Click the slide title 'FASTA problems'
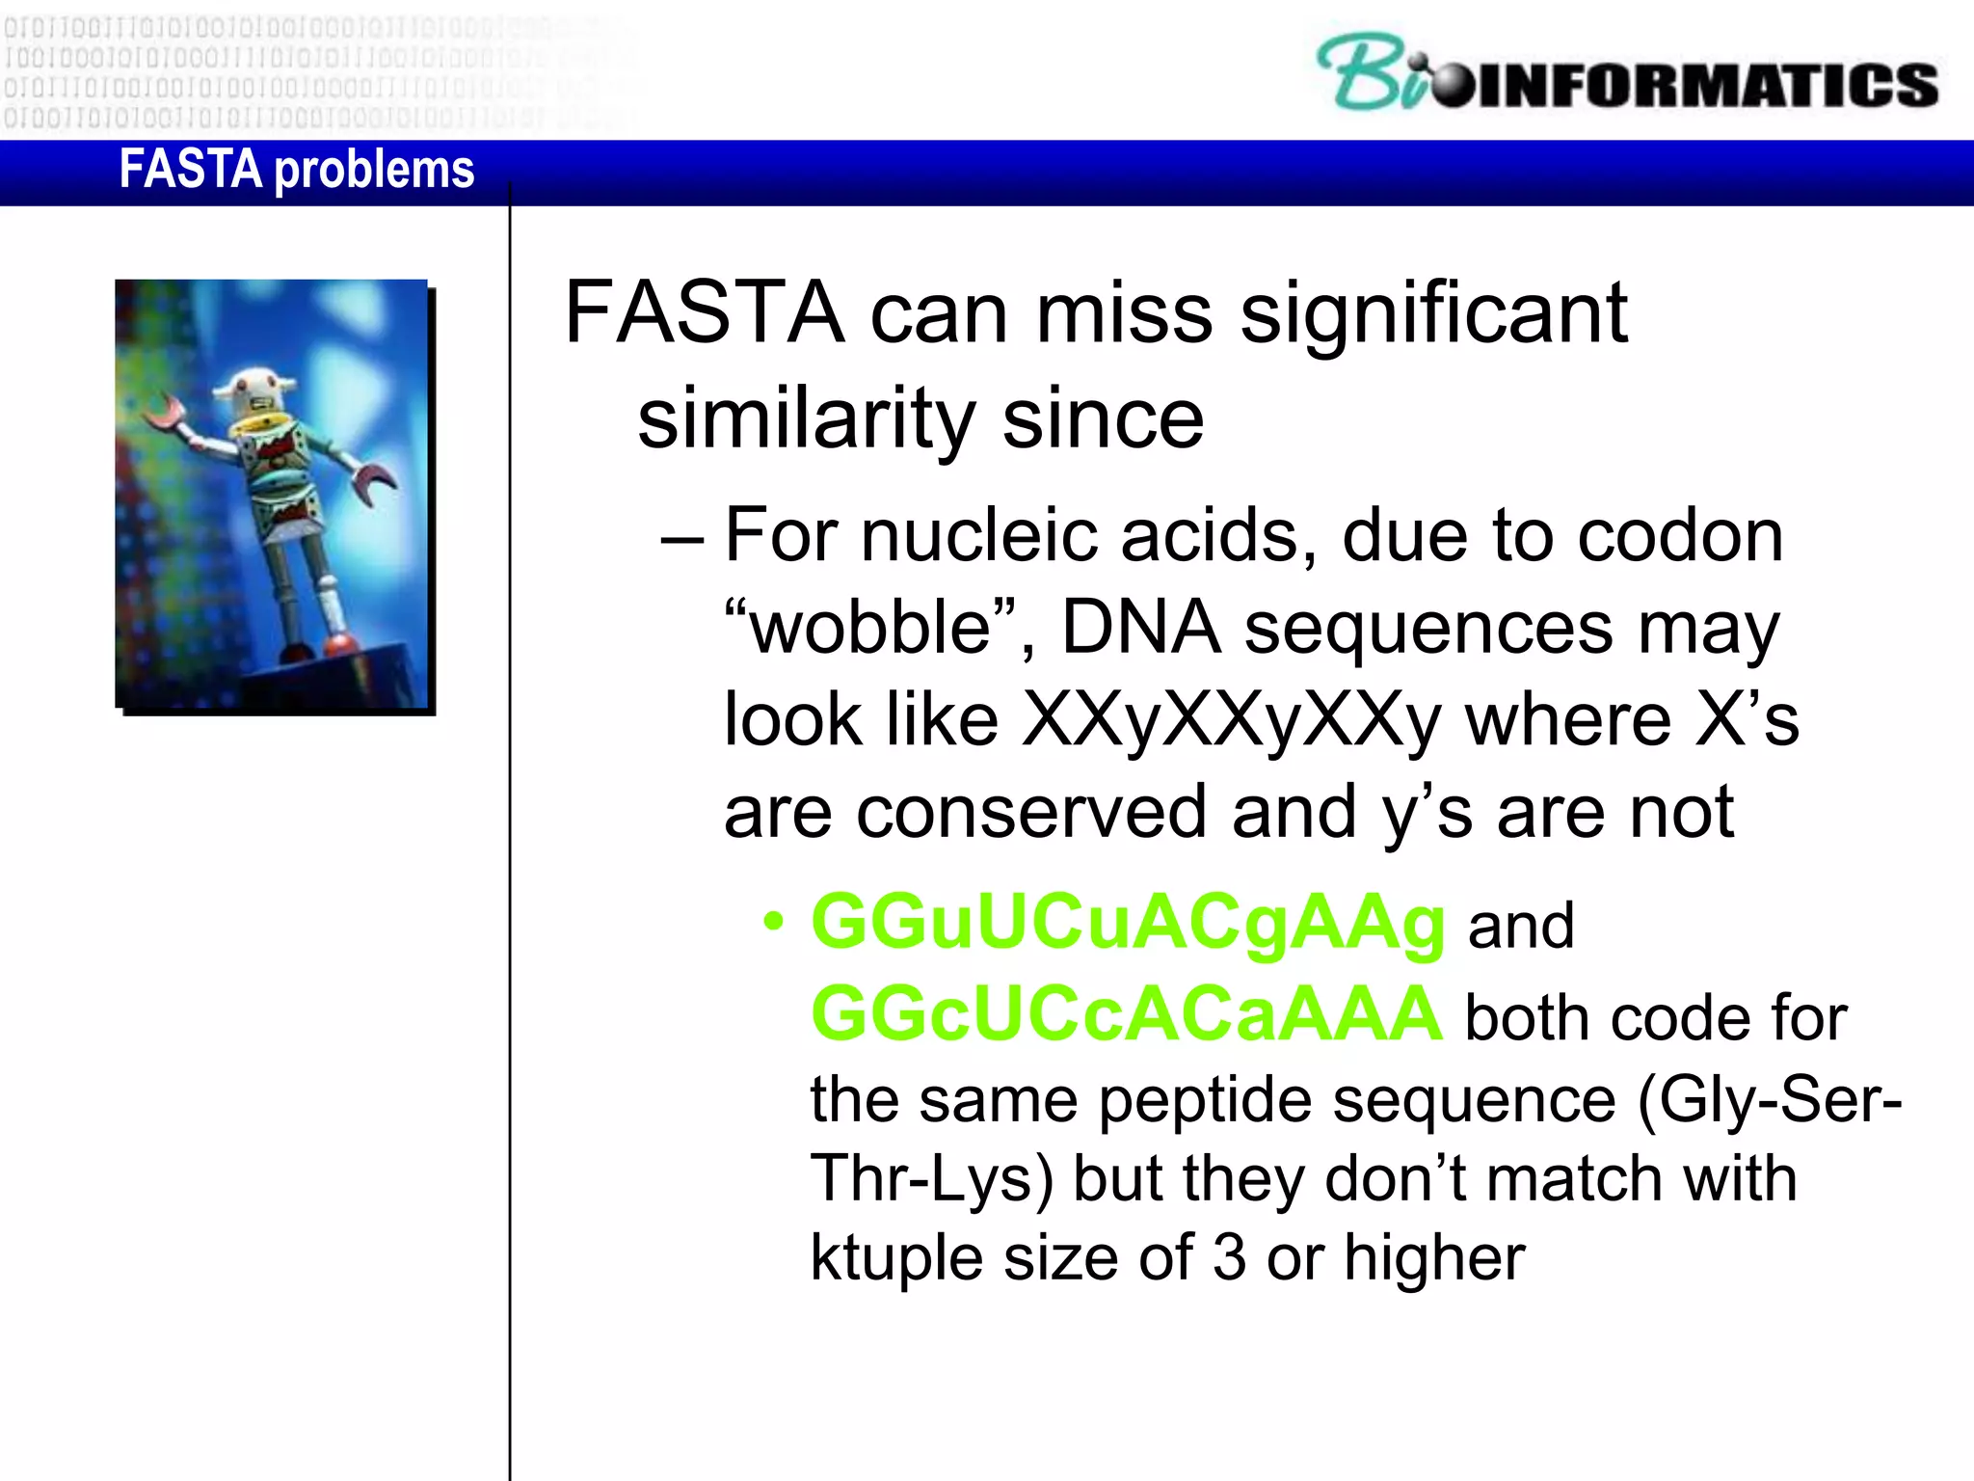point(296,170)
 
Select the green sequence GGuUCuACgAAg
point(1128,924)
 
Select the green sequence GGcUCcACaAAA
point(1126,1014)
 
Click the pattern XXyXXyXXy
point(1231,721)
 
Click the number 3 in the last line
point(1229,1257)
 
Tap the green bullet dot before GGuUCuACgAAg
point(773,922)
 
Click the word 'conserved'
point(1030,812)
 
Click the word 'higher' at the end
point(1434,1257)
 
